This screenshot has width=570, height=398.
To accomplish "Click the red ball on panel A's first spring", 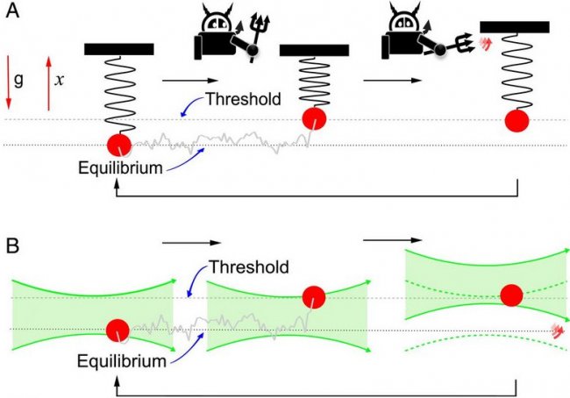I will [119, 146].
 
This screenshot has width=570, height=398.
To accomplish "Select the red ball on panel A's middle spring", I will [315, 119].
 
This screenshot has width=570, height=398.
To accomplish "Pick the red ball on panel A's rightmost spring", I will [517, 120].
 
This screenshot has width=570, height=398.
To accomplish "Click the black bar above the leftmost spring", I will [119, 48].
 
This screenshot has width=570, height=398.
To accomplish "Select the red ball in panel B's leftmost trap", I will [117, 331].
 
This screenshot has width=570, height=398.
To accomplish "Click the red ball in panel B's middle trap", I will [313, 298].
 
